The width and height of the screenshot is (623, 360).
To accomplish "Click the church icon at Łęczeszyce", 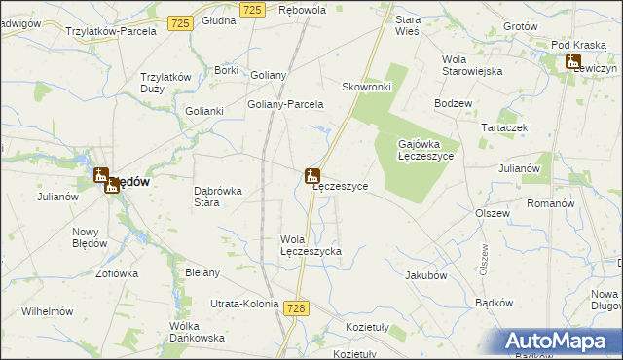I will pyautogui.click(x=311, y=176).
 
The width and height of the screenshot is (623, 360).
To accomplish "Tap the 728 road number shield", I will pyautogui.click(x=297, y=307).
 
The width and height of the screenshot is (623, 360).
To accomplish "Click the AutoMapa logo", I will pyautogui.click(x=559, y=342).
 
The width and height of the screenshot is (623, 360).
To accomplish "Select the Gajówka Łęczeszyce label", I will pyautogui.click(x=425, y=150).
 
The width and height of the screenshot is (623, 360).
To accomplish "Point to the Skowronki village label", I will pyautogui.click(x=366, y=86).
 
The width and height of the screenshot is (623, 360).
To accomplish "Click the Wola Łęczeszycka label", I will pyautogui.click(x=311, y=245).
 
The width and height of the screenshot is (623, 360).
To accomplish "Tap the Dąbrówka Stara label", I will pyautogui.click(x=218, y=197).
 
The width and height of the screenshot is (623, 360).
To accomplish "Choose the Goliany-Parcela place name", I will pyautogui.click(x=285, y=104).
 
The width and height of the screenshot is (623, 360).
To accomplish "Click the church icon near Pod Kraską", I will pyautogui.click(x=574, y=63).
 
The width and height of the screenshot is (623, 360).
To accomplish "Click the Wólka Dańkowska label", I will pyautogui.click(x=197, y=332).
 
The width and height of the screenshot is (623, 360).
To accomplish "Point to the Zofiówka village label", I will pyautogui.click(x=117, y=273).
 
